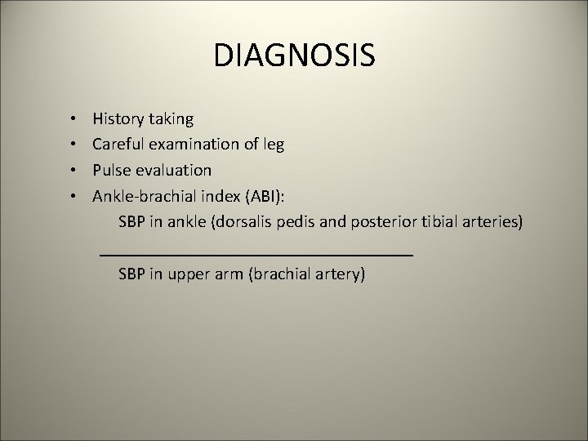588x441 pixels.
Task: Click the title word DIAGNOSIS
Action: point(294,56)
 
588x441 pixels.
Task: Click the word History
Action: point(118,119)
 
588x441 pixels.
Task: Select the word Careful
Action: point(119,145)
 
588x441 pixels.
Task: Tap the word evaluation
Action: point(173,170)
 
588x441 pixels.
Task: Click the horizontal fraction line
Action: point(256,256)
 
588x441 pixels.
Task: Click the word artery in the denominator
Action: point(340,274)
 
